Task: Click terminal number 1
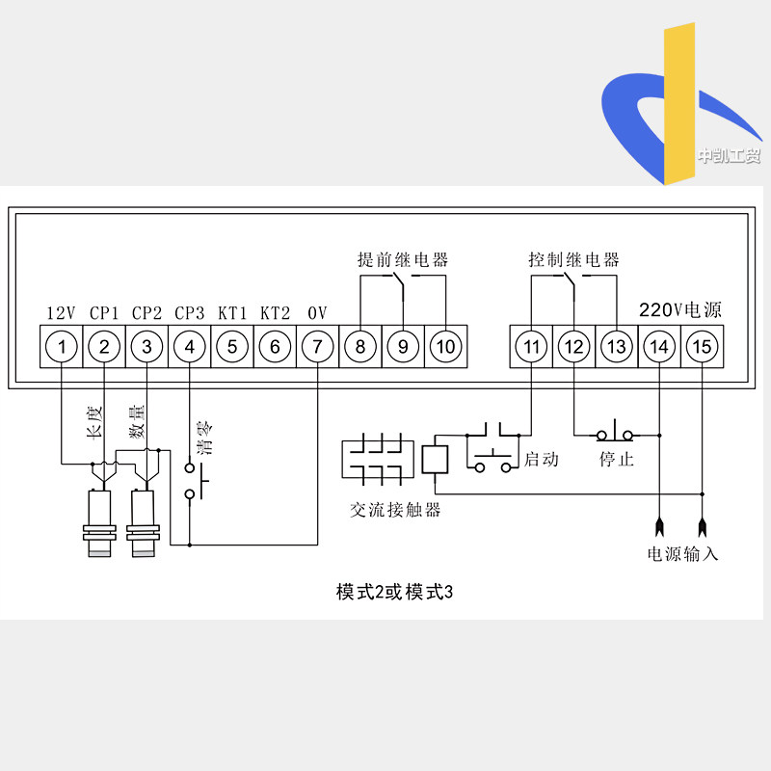coord(62,346)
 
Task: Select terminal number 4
coord(190,346)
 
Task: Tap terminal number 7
coord(317,346)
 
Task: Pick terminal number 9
coord(403,346)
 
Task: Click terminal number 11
coord(531,346)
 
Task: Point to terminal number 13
coord(616,346)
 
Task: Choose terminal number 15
coord(702,346)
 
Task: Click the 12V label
coord(62,313)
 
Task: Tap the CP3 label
coord(190,313)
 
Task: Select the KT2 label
coord(275,313)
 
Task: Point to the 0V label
coord(317,313)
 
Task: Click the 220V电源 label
coord(680,310)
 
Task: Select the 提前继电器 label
coord(402,260)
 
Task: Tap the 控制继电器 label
coord(573,260)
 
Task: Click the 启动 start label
coord(541,460)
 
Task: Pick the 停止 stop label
coord(616,460)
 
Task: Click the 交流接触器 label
coord(395,510)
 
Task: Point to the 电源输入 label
coord(682,554)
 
